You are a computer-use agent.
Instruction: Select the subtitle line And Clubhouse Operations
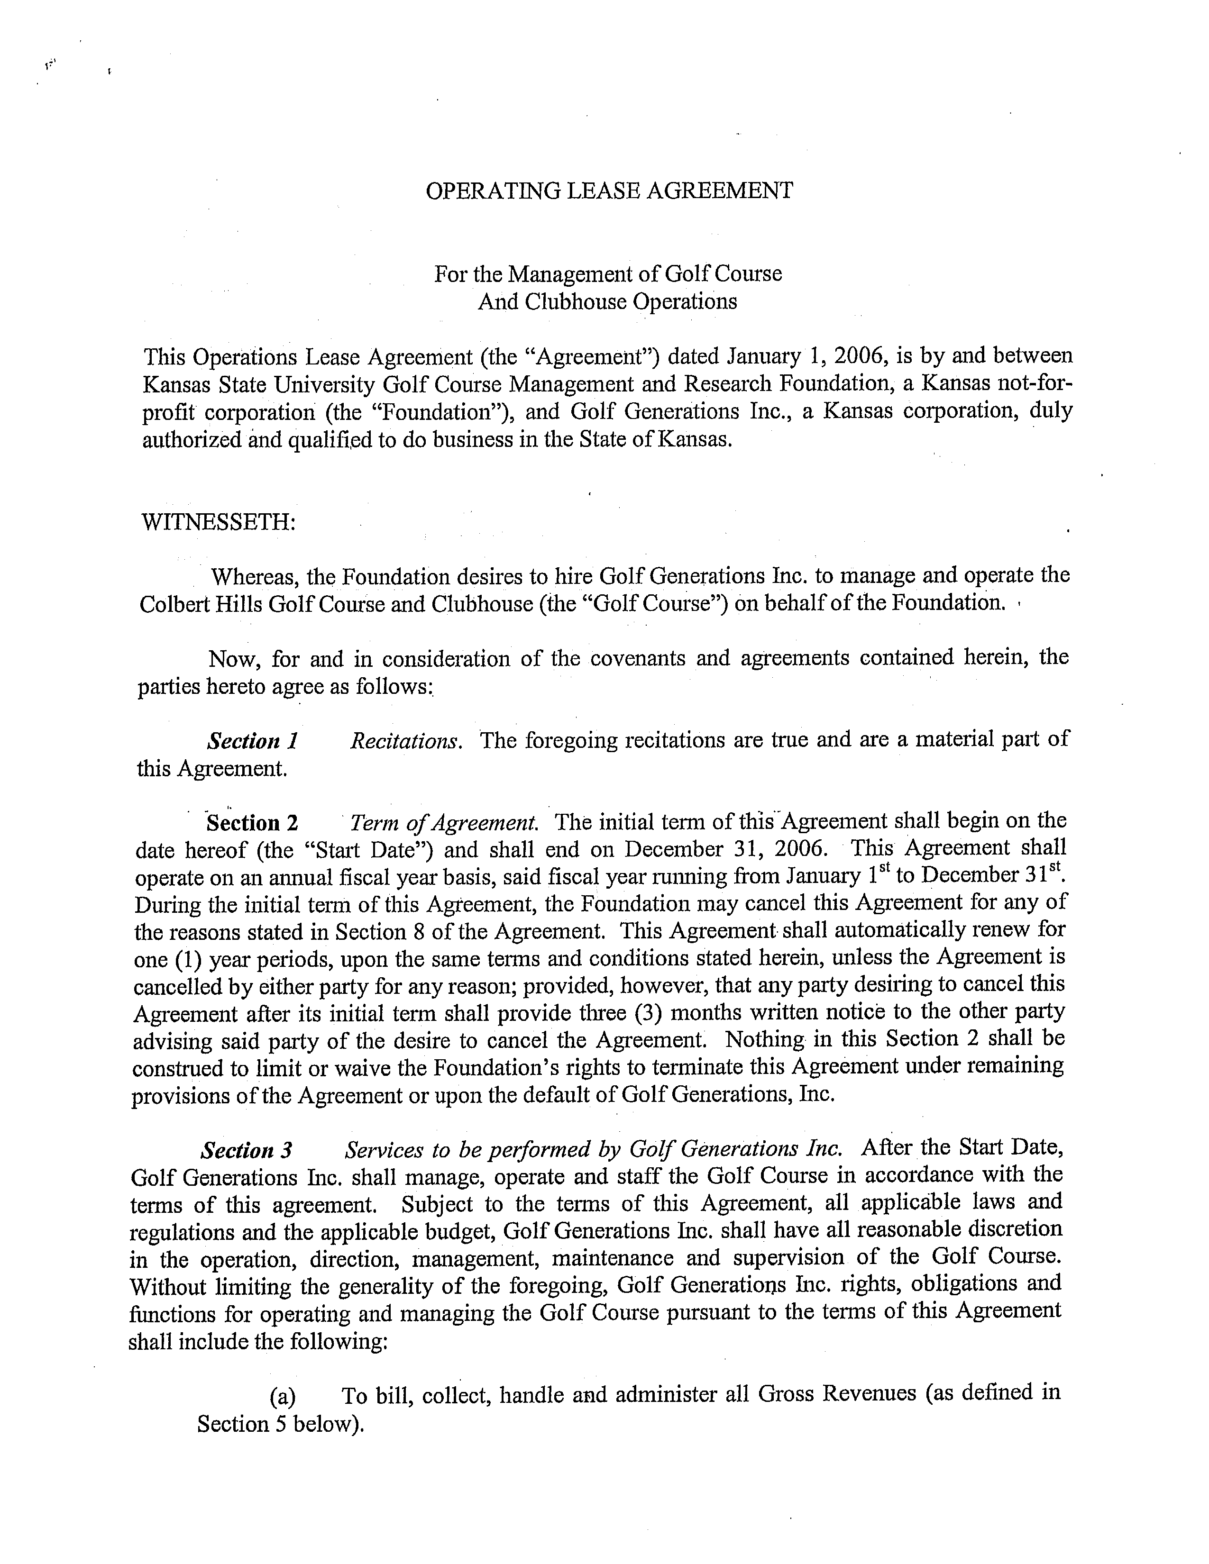click(607, 301)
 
